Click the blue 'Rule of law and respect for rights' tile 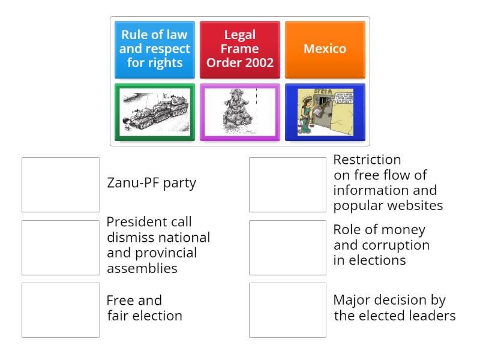click(x=155, y=49)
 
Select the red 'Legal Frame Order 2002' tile click(x=240, y=49)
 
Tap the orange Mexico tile click(x=325, y=49)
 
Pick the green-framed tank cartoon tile click(x=155, y=112)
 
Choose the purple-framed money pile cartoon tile click(x=240, y=112)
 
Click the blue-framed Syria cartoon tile click(x=325, y=112)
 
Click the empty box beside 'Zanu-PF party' click(x=61, y=185)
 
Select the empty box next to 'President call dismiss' click(x=61, y=247)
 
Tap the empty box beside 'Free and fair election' click(x=61, y=310)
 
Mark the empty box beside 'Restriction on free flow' click(x=287, y=185)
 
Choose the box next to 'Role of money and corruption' click(x=287, y=247)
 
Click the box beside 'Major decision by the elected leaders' click(x=287, y=310)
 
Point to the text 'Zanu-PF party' click(x=151, y=183)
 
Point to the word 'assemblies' click(x=142, y=269)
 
